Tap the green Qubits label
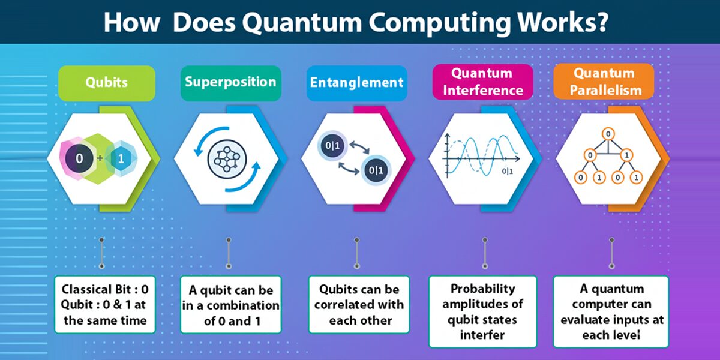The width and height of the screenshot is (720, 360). [106, 83]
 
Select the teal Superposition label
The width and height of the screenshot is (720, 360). [230, 82]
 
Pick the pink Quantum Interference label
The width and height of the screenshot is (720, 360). [482, 82]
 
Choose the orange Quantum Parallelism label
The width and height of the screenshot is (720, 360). [604, 82]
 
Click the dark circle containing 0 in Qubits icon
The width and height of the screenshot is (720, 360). [79, 158]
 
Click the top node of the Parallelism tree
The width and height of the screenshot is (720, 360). [608, 133]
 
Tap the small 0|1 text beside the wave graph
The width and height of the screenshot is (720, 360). [508, 172]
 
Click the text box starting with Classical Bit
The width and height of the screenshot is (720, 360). [105, 305]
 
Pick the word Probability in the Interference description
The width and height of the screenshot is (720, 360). [483, 289]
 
